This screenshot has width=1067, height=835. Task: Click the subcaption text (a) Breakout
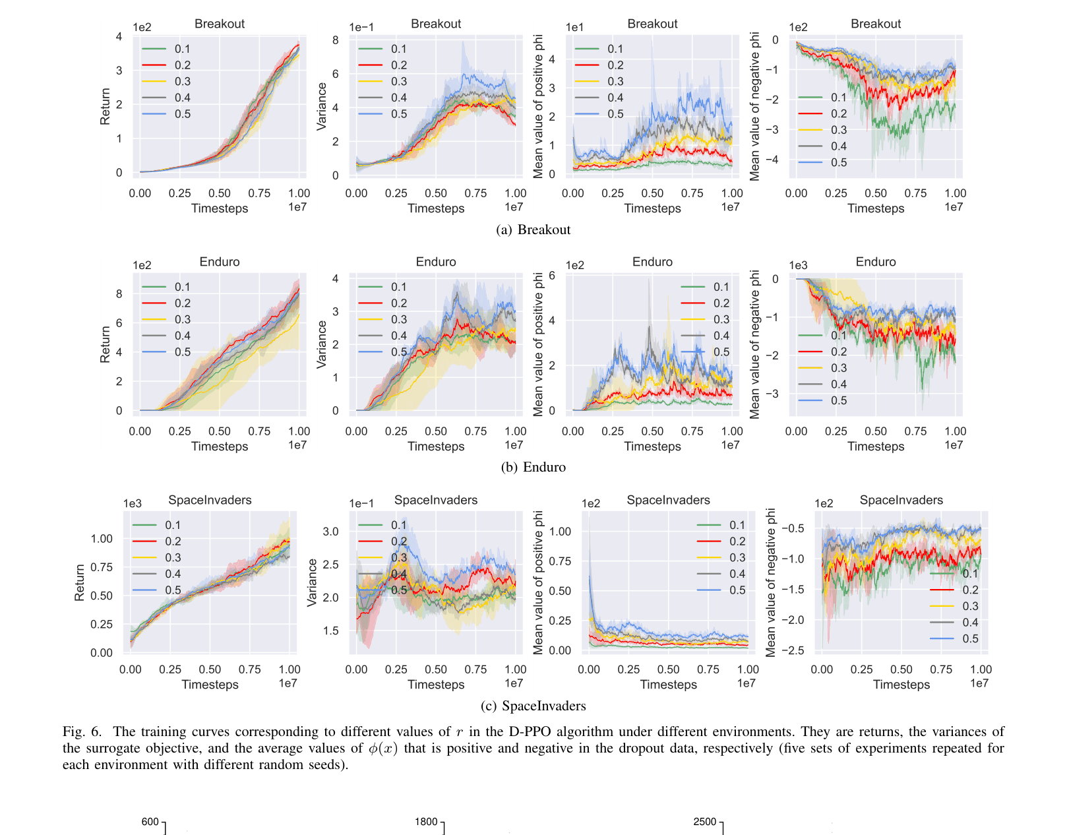pyautogui.click(x=533, y=230)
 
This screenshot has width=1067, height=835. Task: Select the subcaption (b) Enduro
pyautogui.click(x=533, y=468)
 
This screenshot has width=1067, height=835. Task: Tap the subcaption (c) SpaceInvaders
pyautogui.click(x=533, y=706)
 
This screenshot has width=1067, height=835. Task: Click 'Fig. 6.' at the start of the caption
pyautogui.click(x=82, y=732)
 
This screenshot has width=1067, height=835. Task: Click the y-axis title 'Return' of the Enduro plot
pyautogui.click(x=106, y=344)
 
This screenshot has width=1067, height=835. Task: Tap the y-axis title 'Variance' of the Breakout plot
pyautogui.click(x=322, y=106)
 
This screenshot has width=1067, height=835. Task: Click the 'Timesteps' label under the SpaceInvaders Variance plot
pyautogui.click(x=436, y=685)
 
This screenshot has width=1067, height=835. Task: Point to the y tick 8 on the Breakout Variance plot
pyautogui.click(x=336, y=40)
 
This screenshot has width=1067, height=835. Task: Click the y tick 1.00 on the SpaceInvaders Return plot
pyautogui.click(x=102, y=539)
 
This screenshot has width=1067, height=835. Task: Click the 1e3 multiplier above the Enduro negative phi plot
pyautogui.click(x=799, y=265)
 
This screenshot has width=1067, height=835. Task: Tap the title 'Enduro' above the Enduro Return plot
pyautogui.click(x=220, y=262)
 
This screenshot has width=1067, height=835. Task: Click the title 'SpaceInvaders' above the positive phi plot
pyautogui.click(x=668, y=500)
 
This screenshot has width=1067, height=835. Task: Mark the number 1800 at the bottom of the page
pyautogui.click(x=426, y=822)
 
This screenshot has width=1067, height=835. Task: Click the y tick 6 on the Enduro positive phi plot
pyautogui.click(x=552, y=276)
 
